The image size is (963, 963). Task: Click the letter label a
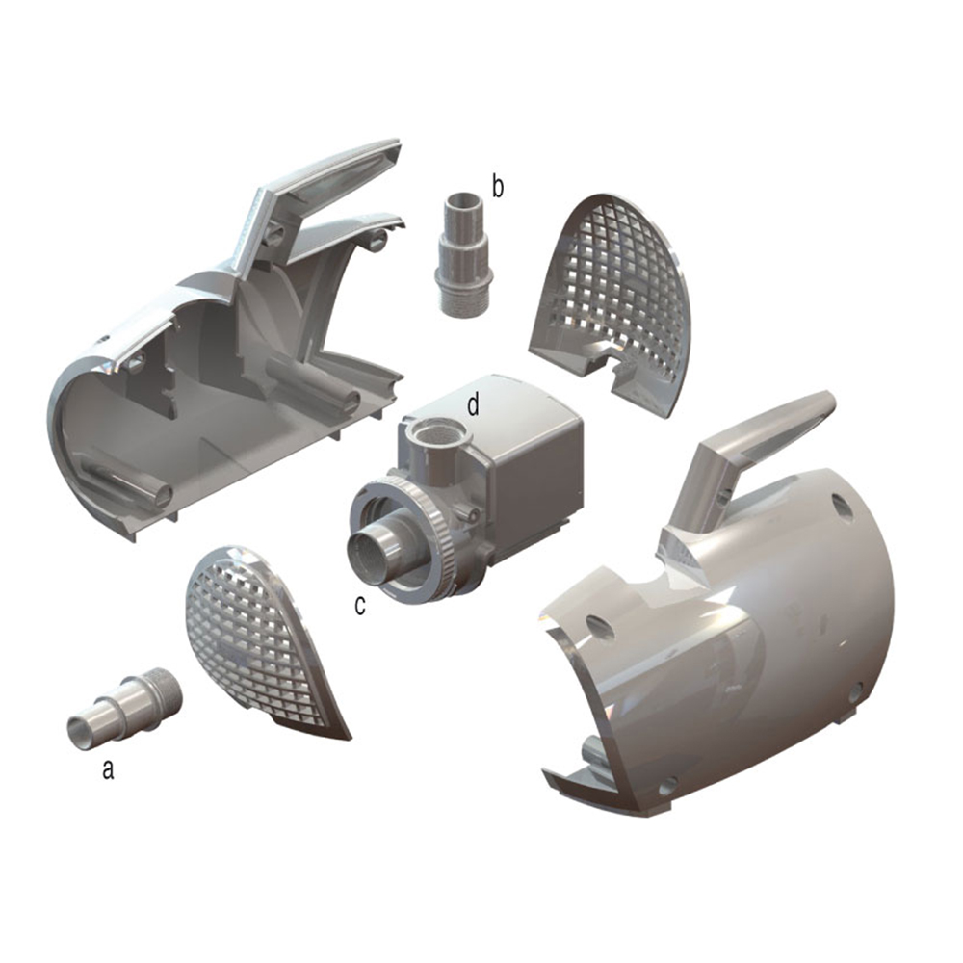[x=108, y=769]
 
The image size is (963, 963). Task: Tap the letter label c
[x=360, y=606]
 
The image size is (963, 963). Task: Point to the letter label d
[x=473, y=405]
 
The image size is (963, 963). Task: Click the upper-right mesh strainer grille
[x=616, y=289]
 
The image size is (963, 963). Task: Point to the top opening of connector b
[x=461, y=202]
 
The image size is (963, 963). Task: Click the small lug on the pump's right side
[x=471, y=515]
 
